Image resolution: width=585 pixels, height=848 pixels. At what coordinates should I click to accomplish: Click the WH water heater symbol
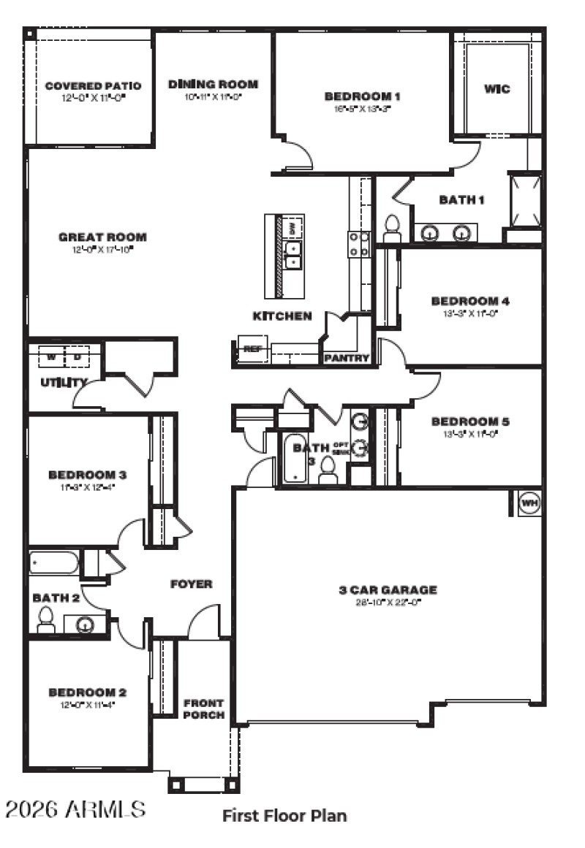pyautogui.click(x=529, y=503)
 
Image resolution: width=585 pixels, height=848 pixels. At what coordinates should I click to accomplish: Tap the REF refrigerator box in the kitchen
pyautogui.click(x=252, y=348)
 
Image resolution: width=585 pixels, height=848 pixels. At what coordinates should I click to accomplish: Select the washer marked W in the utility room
pyautogui.click(x=51, y=357)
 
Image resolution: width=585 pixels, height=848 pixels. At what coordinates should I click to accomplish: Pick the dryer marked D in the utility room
pyautogui.click(x=76, y=357)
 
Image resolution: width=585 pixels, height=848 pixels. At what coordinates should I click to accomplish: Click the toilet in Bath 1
pyautogui.click(x=392, y=228)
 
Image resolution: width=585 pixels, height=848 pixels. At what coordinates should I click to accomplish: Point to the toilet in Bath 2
pyautogui.click(x=45, y=621)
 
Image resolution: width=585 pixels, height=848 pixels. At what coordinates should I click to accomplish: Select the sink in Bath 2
pyautogui.click(x=85, y=625)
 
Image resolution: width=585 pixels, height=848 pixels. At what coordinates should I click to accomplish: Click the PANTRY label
pyautogui.click(x=347, y=358)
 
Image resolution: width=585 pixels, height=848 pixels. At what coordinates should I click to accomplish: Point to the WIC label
pyautogui.click(x=497, y=89)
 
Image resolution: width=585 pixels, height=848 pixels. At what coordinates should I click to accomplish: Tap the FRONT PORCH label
pyautogui.click(x=204, y=709)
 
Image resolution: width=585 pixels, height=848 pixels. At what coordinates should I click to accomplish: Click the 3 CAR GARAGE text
pyautogui.click(x=388, y=589)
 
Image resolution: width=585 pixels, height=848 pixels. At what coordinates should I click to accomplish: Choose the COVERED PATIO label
pyautogui.click(x=93, y=86)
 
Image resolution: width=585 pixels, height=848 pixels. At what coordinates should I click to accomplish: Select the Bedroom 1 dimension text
pyautogui.click(x=363, y=110)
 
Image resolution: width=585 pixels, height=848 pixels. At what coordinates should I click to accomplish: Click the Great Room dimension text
pyautogui.click(x=102, y=249)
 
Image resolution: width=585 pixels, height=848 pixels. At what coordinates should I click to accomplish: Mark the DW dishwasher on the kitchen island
pyautogui.click(x=292, y=228)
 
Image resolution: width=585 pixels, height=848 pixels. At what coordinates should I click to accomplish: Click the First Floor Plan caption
pyautogui.click(x=284, y=815)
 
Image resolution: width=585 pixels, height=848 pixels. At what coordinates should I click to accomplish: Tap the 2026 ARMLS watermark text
pyautogui.click(x=75, y=809)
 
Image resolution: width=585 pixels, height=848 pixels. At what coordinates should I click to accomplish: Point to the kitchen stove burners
pyautogui.click(x=358, y=244)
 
